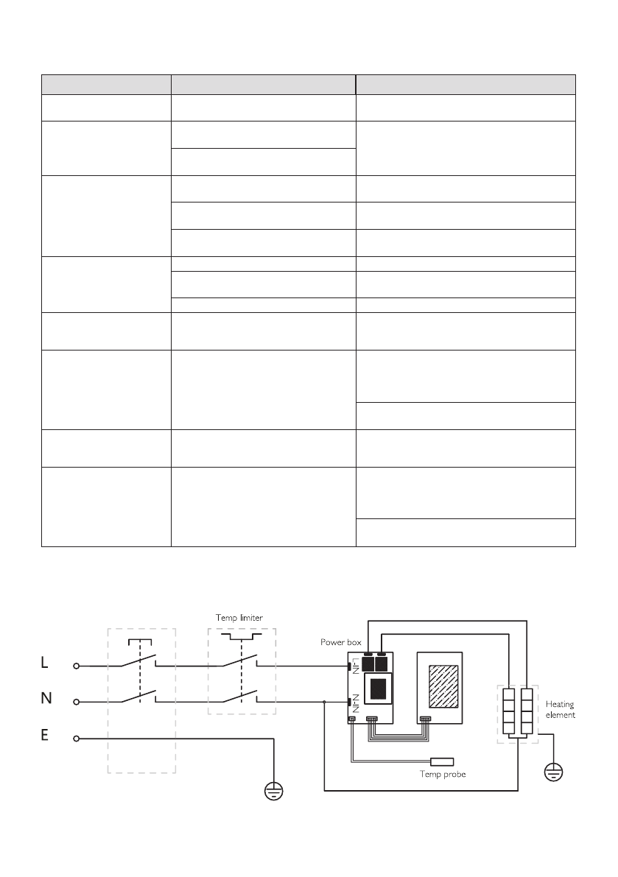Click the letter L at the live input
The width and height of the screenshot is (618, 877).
(44, 663)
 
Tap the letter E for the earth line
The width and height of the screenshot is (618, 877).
(45, 736)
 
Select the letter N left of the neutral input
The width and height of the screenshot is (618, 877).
(45, 700)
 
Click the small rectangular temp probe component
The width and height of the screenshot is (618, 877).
(443, 761)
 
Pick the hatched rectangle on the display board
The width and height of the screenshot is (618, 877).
(440, 686)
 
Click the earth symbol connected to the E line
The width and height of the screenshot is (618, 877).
(274, 789)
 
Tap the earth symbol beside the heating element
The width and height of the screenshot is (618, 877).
(552, 772)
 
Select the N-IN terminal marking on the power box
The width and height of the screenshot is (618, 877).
(355, 702)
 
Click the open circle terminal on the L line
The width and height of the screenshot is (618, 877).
(76, 665)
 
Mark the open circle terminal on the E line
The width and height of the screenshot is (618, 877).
(76, 737)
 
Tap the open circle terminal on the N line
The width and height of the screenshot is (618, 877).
(76, 701)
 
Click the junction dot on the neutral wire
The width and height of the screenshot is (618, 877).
(325, 702)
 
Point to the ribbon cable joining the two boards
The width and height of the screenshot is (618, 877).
(398, 729)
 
